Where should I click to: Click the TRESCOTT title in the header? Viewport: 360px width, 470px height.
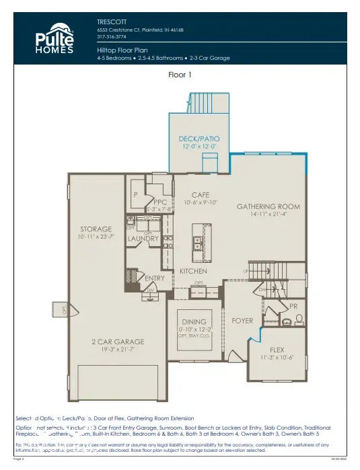pyautogui.click(x=112, y=22)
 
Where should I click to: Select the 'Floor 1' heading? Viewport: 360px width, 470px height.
pyautogui.click(x=180, y=75)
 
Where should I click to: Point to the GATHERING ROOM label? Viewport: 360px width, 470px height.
pyautogui.click(x=268, y=206)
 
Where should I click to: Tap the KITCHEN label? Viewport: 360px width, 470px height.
pyautogui.click(x=192, y=271)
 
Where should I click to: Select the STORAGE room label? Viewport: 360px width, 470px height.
pyautogui.click(x=96, y=229)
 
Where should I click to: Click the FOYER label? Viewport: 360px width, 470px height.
pyautogui.click(x=242, y=321)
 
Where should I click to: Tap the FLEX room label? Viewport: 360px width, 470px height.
pyautogui.click(x=277, y=350)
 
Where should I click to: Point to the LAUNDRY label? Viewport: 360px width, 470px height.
pyautogui.click(x=143, y=238)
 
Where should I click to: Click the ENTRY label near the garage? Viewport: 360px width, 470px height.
pyautogui.click(x=154, y=278)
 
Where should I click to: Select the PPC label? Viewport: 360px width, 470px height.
pyautogui.click(x=159, y=201)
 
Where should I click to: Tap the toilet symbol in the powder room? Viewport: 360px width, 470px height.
pyautogui.click(x=299, y=319)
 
